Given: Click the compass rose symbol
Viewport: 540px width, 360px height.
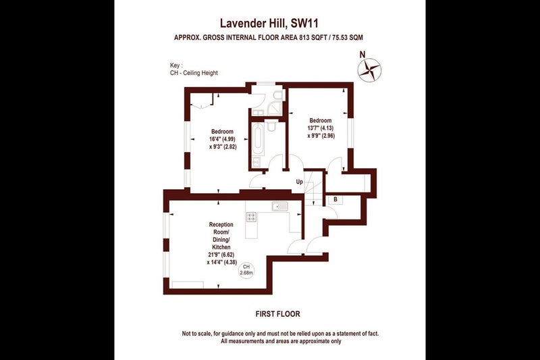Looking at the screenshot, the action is coord(369,70).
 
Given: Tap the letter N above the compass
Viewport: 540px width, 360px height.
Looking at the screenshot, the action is coord(362,55).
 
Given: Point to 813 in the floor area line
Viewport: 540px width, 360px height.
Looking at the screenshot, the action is coord(303,38).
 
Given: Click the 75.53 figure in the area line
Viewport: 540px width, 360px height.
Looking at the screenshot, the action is coord(339,38).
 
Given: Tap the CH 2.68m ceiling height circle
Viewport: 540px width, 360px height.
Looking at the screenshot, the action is coord(246,269).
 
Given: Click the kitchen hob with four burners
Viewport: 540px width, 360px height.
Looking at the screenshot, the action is coord(251,217).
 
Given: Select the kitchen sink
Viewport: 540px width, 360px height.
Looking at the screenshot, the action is coord(279,207).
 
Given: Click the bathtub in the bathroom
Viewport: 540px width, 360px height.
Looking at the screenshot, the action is coord(257,139).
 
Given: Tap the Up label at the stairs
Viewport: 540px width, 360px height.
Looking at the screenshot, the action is coord(299,182).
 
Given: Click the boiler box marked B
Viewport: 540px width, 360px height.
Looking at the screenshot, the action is coord(335,199).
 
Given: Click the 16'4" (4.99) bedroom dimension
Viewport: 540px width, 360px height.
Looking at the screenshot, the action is coord(222,139).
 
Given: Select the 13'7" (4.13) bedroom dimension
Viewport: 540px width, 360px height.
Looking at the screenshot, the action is coord(320,128).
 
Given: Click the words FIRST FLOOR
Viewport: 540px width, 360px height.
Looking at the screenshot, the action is coord(278,314).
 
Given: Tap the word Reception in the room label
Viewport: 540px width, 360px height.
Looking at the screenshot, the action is coord(221,224).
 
